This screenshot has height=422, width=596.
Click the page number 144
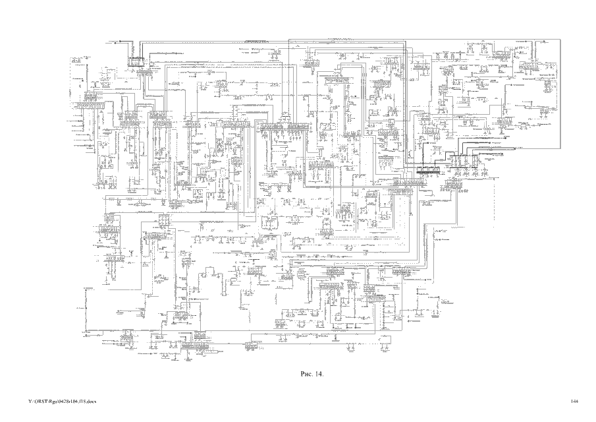[x=574, y=402]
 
